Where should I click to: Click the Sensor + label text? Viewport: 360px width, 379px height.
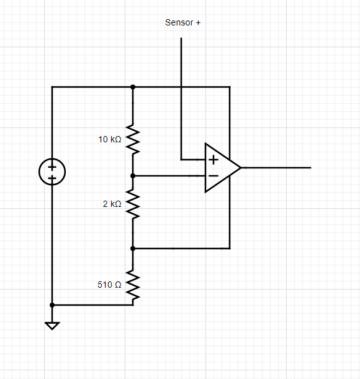point(182,22)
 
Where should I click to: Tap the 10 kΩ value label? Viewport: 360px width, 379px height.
point(110,139)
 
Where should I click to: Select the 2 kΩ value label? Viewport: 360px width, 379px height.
point(112,204)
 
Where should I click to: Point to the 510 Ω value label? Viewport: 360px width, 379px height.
point(109,285)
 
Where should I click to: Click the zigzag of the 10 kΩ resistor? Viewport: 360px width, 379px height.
point(133,140)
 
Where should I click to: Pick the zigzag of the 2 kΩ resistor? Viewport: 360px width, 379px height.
point(133,204)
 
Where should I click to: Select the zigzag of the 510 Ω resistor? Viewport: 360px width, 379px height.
point(133,285)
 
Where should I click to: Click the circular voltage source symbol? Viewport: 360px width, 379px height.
point(52,172)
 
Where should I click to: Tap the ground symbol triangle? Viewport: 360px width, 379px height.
point(52,325)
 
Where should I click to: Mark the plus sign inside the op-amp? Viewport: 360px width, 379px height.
point(214,160)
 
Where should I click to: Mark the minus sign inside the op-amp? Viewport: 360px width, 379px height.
point(213,176)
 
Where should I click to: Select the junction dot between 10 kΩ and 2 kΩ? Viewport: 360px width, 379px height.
point(133,176)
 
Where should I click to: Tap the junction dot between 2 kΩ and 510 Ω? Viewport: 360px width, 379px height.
point(133,248)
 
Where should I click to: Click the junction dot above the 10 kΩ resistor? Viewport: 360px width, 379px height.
point(133,87)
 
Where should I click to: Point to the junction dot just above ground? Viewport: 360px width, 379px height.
point(52,305)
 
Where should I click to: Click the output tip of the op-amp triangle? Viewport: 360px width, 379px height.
point(240,168)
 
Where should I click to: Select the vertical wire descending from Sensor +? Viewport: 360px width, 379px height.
point(181,93)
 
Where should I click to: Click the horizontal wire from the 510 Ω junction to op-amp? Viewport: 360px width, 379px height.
point(180,248)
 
